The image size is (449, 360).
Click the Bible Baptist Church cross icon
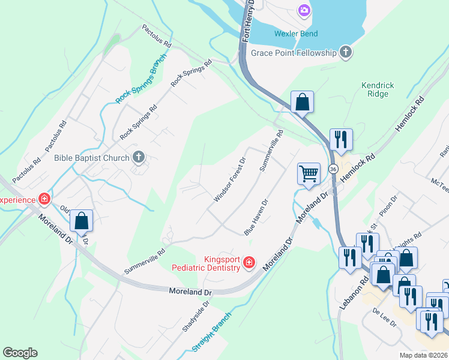tap(138, 158)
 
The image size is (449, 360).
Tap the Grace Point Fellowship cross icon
tap(345, 53)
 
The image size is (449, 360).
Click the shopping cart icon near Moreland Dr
tap(309, 174)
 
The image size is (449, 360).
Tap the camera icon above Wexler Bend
tap(304, 10)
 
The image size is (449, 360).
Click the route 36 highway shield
tap(332, 170)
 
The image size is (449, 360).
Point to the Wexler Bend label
tap(296, 34)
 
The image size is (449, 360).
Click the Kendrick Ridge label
tap(378, 90)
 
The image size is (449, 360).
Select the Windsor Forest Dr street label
tap(230, 180)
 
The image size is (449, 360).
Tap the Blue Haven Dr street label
tap(255, 217)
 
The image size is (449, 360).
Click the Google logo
tap(20, 353)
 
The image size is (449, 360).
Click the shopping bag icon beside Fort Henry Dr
tap(303, 102)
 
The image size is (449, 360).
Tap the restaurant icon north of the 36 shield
tap(341, 139)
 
